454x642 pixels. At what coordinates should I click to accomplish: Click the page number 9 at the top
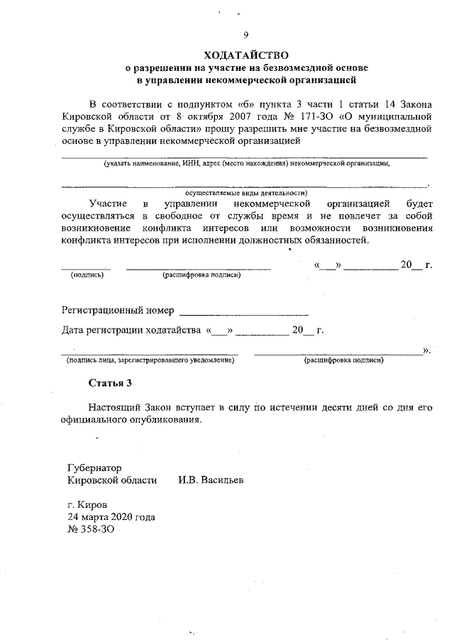coord(246,35)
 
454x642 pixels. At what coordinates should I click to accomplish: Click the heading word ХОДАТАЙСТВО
coord(246,54)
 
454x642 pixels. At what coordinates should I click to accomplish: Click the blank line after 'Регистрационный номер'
coord(245,311)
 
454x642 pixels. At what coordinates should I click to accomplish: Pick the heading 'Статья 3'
coord(110,383)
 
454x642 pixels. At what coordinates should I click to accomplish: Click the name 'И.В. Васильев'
coord(211,480)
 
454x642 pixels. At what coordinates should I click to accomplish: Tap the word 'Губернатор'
coord(94,468)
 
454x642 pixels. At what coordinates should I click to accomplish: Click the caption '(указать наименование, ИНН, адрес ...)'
coord(245,163)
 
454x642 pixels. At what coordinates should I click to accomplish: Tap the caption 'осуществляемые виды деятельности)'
coord(245,192)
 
